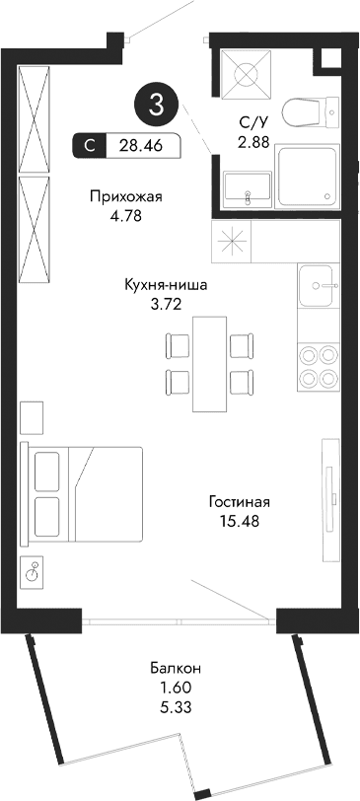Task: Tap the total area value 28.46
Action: [141, 146]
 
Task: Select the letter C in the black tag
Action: [91, 146]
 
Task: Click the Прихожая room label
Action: [124, 195]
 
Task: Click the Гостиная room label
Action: [239, 502]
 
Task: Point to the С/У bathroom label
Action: [252, 123]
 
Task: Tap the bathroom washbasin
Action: [246, 189]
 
